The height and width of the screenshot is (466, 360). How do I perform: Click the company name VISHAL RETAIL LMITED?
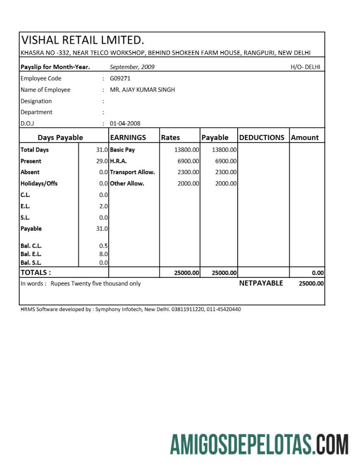(x=82, y=40)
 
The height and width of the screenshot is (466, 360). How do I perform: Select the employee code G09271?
(x=120, y=78)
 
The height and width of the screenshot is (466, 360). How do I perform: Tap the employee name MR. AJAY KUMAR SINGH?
(x=142, y=90)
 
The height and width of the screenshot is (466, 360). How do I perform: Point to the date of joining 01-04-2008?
(x=125, y=123)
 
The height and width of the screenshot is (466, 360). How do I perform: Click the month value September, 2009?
(x=132, y=67)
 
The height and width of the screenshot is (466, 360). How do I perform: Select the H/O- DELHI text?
(x=305, y=67)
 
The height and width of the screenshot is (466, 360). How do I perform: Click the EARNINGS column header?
(x=128, y=137)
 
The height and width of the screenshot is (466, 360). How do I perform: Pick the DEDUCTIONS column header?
(x=262, y=137)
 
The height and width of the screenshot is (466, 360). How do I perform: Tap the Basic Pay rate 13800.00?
(x=186, y=150)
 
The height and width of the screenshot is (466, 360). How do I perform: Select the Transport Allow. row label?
(x=132, y=172)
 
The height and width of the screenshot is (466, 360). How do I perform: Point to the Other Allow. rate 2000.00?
(x=188, y=184)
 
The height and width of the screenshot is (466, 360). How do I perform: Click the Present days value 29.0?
(x=102, y=161)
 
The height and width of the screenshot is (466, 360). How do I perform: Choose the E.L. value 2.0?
(x=104, y=206)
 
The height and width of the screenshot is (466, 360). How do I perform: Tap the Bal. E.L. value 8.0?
(x=104, y=254)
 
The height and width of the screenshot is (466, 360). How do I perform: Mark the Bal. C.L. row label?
(x=31, y=246)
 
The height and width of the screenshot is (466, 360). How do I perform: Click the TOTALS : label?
(x=36, y=273)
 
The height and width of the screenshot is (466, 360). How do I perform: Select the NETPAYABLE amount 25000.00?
(x=311, y=284)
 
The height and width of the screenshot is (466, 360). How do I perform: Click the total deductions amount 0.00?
(x=318, y=273)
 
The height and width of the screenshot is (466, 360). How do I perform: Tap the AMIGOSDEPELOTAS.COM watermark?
(x=259, y=444)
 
